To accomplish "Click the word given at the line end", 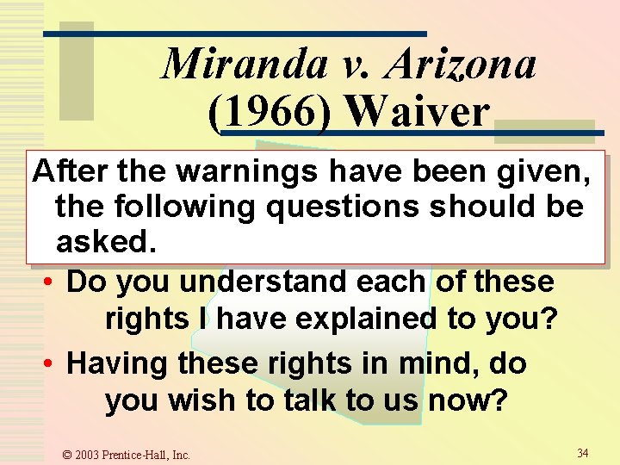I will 545,173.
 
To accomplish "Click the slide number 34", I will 583,453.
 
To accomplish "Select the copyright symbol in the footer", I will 68,455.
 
